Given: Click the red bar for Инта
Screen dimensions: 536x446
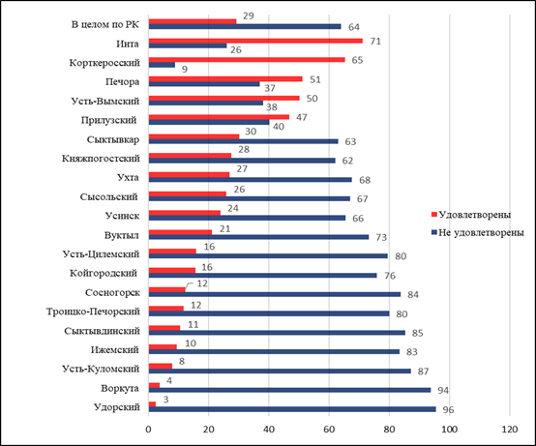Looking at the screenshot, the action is tap(255, 41).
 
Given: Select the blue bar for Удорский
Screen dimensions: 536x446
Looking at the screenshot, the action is tap(292, 409).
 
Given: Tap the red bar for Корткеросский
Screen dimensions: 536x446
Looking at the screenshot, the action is tap(247, 60).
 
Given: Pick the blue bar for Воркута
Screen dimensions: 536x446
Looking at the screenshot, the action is tap(290, 390).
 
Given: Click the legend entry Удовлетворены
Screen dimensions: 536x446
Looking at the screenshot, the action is tap(471, 215).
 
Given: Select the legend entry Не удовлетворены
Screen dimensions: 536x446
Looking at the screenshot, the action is tap(478, 233).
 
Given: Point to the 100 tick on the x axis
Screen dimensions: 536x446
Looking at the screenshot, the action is tap(450, 430).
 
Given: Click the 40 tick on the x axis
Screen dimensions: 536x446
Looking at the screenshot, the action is tap(269, 430).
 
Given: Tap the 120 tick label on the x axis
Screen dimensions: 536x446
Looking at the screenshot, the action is tap(510, 430).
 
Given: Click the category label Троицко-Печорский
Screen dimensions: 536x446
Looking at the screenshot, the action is tap(93, 312).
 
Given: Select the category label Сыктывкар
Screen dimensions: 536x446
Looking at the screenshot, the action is tap(113, 139).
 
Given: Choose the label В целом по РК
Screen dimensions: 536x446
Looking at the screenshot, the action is tap(105, 24).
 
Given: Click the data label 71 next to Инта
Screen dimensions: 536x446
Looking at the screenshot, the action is tap(375, 41).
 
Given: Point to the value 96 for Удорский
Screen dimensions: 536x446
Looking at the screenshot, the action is tap(448, 409).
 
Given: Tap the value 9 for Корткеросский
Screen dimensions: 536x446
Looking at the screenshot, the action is tap(185, 70).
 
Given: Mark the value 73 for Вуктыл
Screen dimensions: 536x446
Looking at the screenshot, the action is tap(381, 237).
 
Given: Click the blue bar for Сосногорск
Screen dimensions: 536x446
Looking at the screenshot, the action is tap(275, 294).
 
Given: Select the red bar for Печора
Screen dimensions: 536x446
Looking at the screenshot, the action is tap(225, 79).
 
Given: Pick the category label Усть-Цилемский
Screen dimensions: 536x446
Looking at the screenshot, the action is tap(101, 254).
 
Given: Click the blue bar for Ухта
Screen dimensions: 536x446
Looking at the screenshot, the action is tap(251, 180).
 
